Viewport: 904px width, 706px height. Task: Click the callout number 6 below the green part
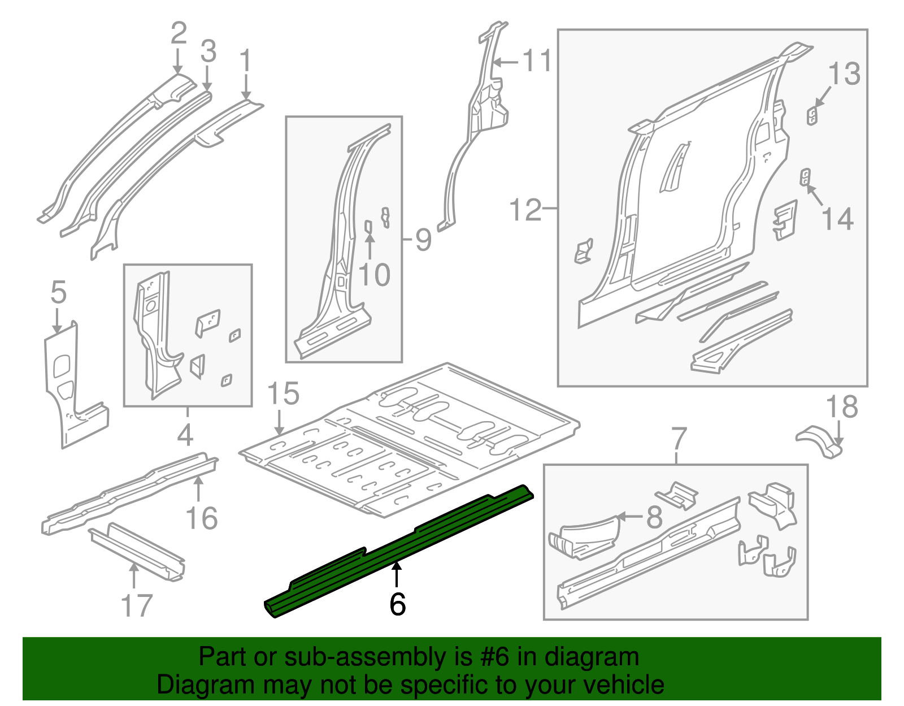tap(397, 604)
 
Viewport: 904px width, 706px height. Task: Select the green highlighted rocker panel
tap(395, 551)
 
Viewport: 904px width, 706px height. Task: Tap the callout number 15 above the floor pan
tap(282, 394)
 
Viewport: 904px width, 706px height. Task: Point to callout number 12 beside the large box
tap(525, 210)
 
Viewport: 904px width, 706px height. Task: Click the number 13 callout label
tap(844, 74)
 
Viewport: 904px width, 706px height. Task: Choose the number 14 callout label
tap(837, 219)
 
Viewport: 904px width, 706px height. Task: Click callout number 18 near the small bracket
tap(841, 407)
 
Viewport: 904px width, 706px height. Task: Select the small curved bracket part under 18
tap(819, 441)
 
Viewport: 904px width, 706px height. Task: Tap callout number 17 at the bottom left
tap(137, 605)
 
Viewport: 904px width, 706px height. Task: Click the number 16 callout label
tap(201, 518)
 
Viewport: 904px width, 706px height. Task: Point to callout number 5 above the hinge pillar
tap(58, 293)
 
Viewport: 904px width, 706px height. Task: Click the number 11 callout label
tap(537, 60)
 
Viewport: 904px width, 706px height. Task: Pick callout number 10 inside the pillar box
tap(374, 275)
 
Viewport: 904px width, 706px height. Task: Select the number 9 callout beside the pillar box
tap(423, 240)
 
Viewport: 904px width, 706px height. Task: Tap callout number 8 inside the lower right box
tap(654, 517)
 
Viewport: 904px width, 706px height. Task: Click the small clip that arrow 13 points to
tap(812, 116)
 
